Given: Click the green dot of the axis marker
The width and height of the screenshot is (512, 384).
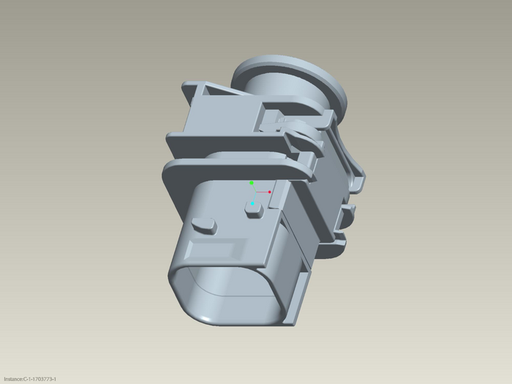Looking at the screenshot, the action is coord(252,183).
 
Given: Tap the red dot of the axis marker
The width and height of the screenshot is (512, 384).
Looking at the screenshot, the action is coord(269,192).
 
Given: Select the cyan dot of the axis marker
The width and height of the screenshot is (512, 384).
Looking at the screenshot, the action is coord(252,204).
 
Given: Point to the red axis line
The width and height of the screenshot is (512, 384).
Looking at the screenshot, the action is coord(262,192).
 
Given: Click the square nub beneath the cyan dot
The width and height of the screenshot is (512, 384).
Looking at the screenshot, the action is coord(254,211).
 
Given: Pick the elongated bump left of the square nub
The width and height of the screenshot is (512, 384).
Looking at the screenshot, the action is coord(204,225).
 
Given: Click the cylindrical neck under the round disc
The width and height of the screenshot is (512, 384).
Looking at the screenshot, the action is coord(277,86).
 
